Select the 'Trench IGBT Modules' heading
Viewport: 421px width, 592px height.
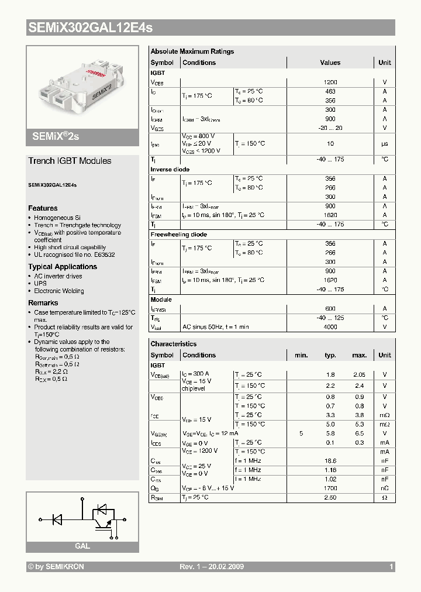point(70,161)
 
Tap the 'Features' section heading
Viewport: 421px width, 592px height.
point(43,208)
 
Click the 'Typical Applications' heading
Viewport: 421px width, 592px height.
point(63,267)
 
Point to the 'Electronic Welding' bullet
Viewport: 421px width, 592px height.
point(58,291)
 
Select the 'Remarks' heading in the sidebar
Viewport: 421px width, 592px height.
point(43,303)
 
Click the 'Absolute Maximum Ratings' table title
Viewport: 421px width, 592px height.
point(192,51)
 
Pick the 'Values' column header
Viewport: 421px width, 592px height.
point(330,63)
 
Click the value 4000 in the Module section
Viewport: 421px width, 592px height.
point(330,327)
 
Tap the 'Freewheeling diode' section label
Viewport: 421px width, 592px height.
point(179,235)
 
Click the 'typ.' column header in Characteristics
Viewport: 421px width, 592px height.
point(330,355)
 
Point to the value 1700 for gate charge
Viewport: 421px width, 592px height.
point(330,488)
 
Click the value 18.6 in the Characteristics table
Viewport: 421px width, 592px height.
point(330,461)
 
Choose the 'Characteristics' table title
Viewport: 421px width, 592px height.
point(174,344)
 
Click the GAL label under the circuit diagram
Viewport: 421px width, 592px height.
point(82,546)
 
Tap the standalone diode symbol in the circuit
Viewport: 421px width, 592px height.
point(58,519)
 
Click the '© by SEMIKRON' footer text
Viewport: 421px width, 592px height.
point(56,567)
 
